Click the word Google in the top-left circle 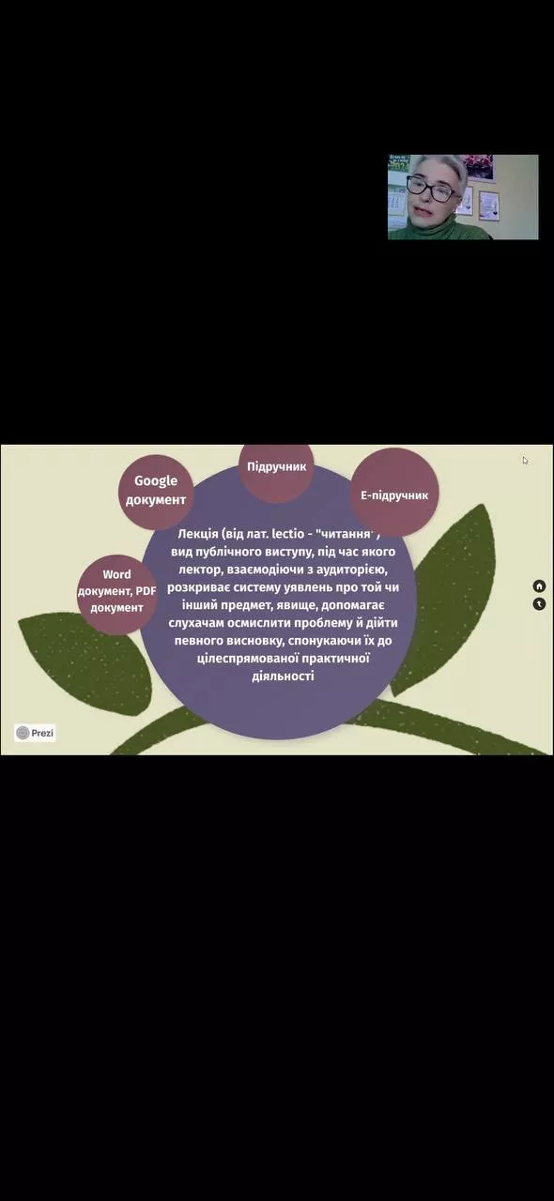(x=156, y=481)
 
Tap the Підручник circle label (x=276, y=466)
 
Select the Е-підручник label (x=394, y=494)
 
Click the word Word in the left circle (x=116, y=574)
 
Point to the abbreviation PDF (x=146, y=591)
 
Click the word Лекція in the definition (x=197, y=534)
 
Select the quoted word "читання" (x=346, y=534)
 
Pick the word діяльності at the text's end (x=283, y=676)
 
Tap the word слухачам (x=195, y=623)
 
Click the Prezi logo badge (x=35, y=733)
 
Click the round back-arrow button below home (x=539, y=604)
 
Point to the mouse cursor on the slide (x=525, y=461)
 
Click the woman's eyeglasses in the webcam (x=431, y=189)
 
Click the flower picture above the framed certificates (x=477, y=167)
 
